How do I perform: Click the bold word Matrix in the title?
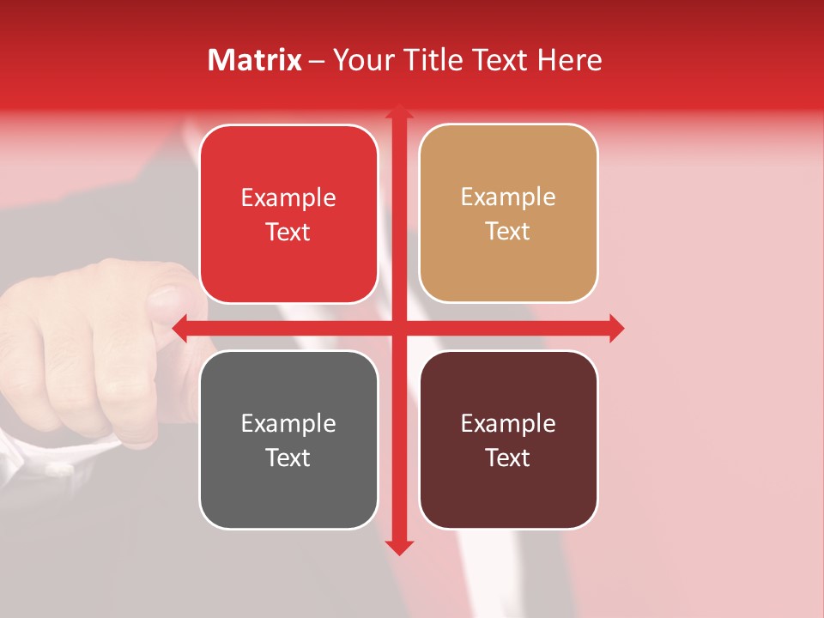[x=254, y=60]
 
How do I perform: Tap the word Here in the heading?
[x=569, y=60]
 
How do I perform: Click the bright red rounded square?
[x=288, y=215]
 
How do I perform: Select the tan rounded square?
[x=508, y=214]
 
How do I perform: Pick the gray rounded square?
[x=288, y=439]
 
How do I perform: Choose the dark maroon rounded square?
[x=508, y=439]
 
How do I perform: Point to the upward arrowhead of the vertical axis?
[x=398, y=112]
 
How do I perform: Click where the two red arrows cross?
[x=398, y=328]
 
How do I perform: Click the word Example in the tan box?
[x=508, y=197]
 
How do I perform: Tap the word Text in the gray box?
[x=288, y=457]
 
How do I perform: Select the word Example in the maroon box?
[x=508, y=423]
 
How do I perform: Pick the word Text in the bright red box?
[x=288, y=233]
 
